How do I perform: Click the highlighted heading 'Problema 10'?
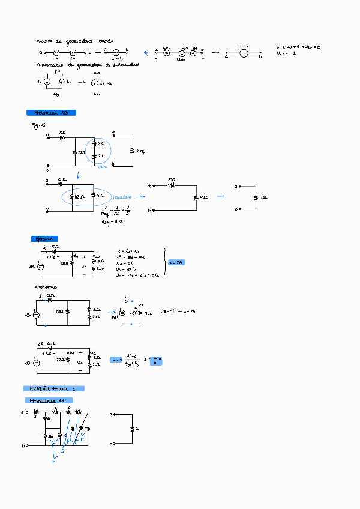51,113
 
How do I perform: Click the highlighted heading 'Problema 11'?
49,400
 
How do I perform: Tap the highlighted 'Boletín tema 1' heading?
53,388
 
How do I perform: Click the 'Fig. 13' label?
38,125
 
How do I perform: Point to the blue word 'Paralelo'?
121,196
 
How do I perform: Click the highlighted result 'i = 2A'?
176,262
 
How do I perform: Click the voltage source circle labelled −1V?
244,53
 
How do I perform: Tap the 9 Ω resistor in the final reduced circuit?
259,197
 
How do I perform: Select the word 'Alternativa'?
46,287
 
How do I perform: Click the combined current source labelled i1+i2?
94,83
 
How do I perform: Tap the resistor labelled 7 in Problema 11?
133,429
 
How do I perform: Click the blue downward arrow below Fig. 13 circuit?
78,175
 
